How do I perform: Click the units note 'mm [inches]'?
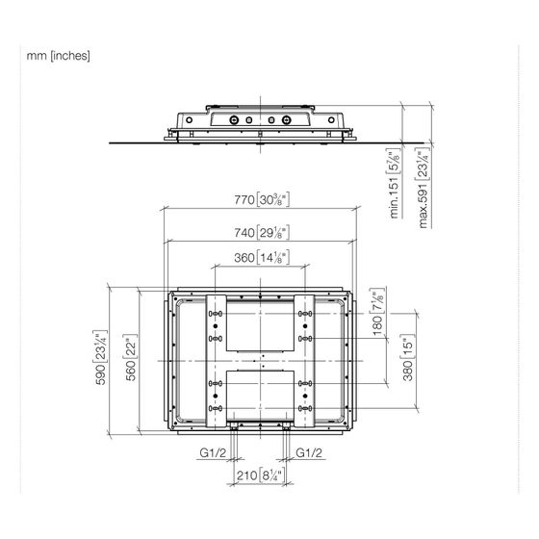pyautogui.click(x=59, y=56)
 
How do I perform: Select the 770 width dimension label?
pyautogui.click(x=262, y=199)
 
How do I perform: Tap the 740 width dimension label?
pyautogui.click(x=262, y=233)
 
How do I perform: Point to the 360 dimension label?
pyautogui.click(x=262, y=258)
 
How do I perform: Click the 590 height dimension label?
pyautogui.click(x=100, y=357)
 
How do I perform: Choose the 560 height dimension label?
pyautogui.click(x=131, y=357)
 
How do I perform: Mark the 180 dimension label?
pyautogui.click(x=377, y=312)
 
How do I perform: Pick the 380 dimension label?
pyautogui.click(x=408, y=357)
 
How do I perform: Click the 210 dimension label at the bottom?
pyautogui.click(x=260, y=475)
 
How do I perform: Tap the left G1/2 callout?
pyautogui.click(x=213, y=452)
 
